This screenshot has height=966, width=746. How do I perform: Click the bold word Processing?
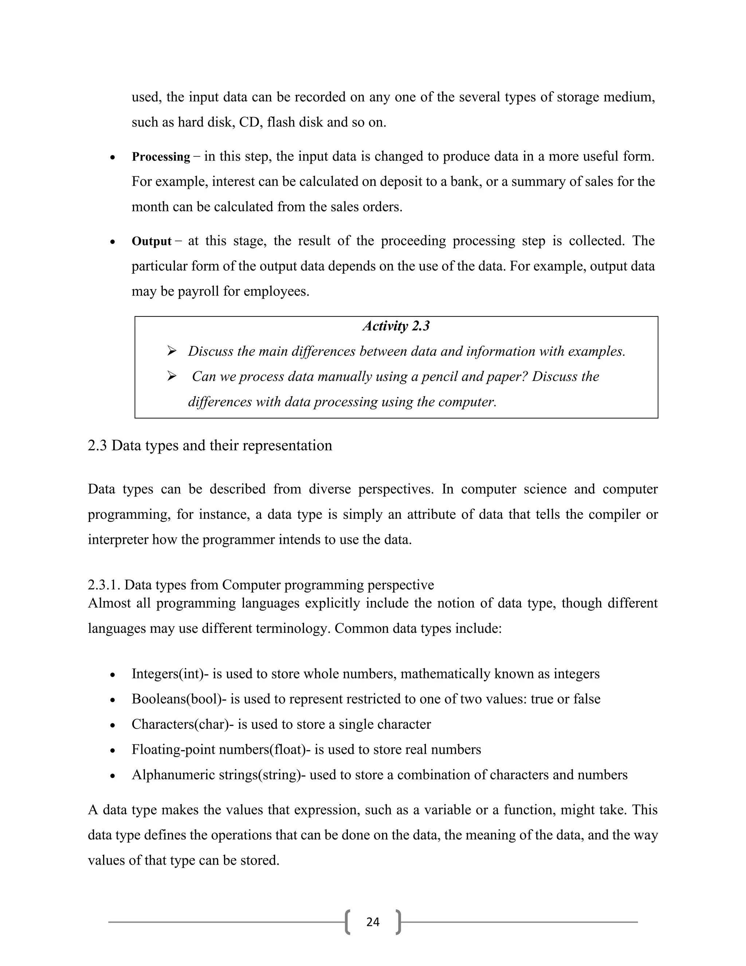point(161,157)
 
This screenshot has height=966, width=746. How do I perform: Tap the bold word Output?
point(151,241)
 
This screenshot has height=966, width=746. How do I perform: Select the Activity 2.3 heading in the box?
point(396,326)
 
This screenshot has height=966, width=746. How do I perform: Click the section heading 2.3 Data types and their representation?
point(210,445)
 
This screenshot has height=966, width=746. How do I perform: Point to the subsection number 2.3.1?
point(104,585)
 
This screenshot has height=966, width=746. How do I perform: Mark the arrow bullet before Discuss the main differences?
point(172,351)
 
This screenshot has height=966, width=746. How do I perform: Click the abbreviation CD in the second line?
point(249,122)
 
